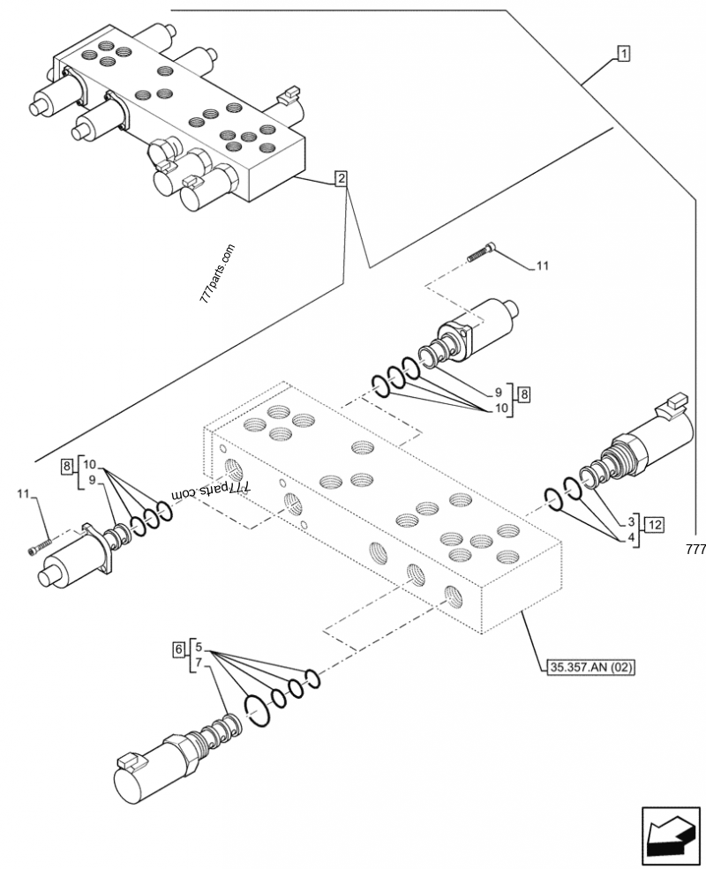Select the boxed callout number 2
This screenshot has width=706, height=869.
341,180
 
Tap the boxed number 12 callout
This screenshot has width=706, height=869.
654,526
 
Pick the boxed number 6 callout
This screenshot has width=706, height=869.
179,650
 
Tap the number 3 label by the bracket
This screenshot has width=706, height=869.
632,521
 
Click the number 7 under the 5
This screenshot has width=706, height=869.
199,662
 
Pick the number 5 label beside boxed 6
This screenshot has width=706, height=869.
199,647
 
